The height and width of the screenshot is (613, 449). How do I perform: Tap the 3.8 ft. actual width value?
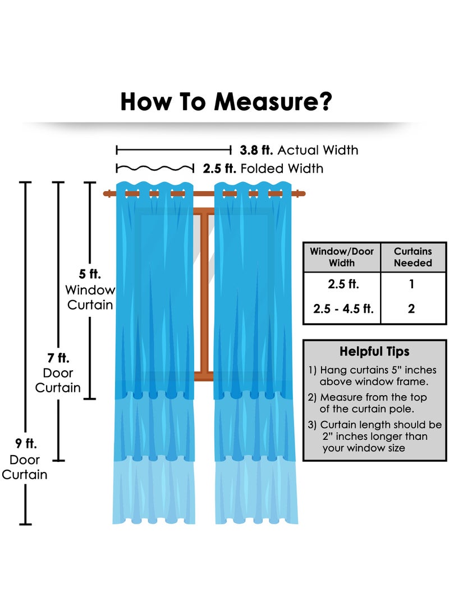[256, 150]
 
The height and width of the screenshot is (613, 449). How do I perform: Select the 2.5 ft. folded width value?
[219, 169]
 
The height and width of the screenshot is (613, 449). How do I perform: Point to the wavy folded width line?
[155, 169]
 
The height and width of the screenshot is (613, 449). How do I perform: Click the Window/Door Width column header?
[342, 257]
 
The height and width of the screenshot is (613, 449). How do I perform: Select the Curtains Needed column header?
[413, 257]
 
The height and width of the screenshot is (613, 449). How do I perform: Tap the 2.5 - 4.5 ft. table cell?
[343, 308]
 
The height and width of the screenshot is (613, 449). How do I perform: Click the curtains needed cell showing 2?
[411, 308]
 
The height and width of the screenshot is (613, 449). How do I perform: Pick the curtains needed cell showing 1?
[411, 284]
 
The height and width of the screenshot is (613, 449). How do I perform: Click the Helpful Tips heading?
[374, 351]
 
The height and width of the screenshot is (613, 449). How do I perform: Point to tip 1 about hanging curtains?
[373, 376]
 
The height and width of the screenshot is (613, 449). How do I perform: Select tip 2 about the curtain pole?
[368, 403]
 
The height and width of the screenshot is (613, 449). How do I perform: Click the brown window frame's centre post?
[204, 293]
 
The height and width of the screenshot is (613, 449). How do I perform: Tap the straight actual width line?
[174, 149]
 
